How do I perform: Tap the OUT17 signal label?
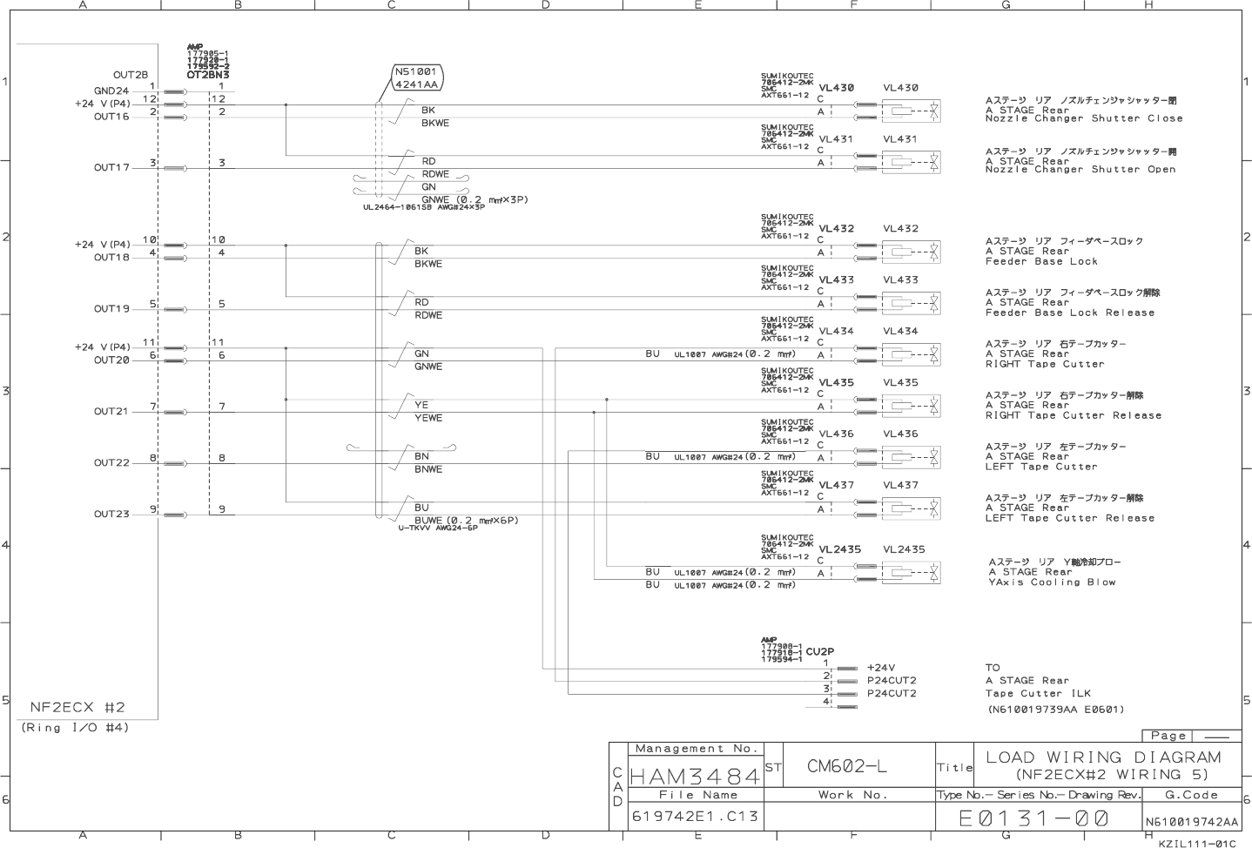(111, 168)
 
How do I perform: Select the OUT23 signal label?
(111, 515)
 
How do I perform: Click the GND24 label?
(111, 91)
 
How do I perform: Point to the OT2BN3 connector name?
(208, 75)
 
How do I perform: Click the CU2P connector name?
(819, 651)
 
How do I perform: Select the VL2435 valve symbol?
(911, 572)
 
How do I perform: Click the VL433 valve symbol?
(911, 303)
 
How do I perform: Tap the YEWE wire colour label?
(428, 418)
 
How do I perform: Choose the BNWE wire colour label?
(428, 469)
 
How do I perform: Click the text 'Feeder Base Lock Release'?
(1069, 313)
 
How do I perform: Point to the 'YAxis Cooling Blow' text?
(1052, 582)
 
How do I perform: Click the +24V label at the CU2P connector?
(881, 668)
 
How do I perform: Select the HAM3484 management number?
(695, 774)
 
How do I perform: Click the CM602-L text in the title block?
(846, 766)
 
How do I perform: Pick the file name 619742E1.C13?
(695, 817)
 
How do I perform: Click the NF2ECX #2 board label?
(77, 707)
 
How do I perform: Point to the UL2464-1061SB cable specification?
(424, 207)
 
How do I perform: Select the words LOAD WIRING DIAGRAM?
(1103, 757)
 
